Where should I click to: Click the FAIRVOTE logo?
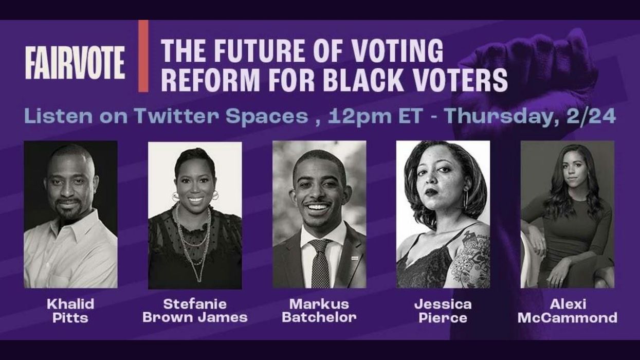point(75,62)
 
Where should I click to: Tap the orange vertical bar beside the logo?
point(143,56)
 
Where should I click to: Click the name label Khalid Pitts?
point(70,311)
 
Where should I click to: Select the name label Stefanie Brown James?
point(195,311)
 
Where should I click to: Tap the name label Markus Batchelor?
point(319,311)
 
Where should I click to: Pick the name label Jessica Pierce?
point(443,311)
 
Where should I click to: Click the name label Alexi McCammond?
point(568,311)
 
